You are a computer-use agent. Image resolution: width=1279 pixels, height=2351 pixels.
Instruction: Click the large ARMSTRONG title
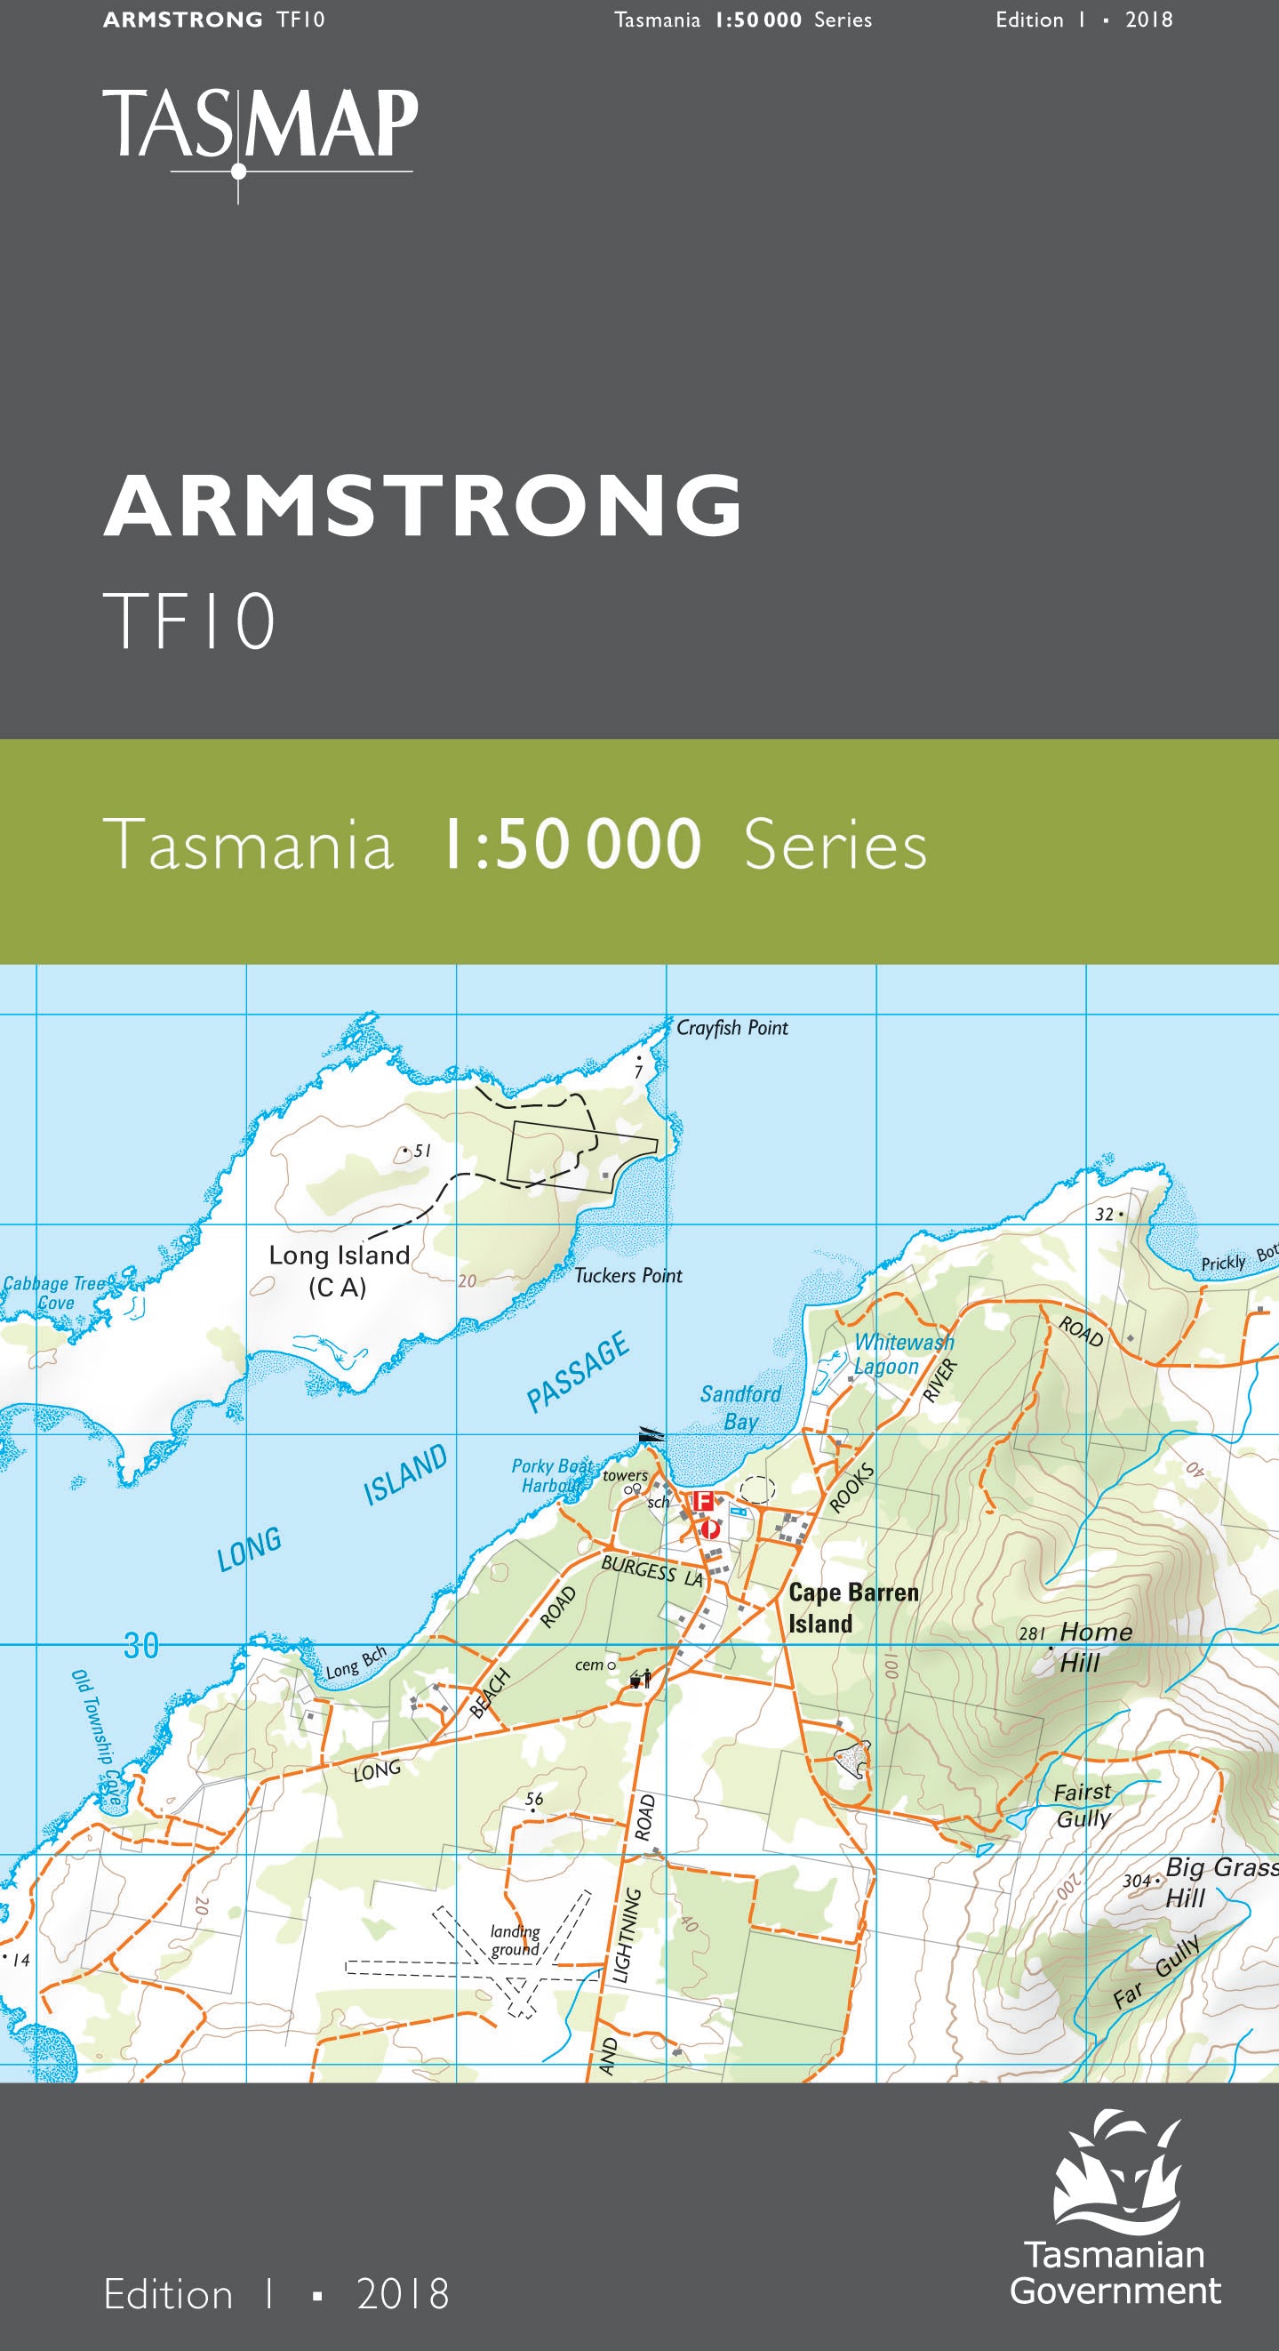[x=422, y=507]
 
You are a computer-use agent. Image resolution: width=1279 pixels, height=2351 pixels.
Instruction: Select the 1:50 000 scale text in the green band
[x=572, y=844]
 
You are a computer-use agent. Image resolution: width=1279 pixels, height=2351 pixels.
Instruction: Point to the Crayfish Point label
[x=731, y=1028]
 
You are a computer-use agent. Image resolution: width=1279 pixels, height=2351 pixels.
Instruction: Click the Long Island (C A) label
[x=339, y=1271]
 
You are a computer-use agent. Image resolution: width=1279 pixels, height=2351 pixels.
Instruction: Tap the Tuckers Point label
[x=628, y=1275]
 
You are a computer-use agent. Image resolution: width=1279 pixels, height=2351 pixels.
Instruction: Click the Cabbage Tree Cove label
[x=54, y=1292]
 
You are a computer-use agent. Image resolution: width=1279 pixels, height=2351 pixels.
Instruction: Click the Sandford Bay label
[x=740, y=1407]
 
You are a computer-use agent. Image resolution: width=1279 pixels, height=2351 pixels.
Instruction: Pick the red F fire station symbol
[x=702, y=1500]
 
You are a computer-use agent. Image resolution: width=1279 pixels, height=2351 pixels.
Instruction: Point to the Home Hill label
[x=1094, y=1647]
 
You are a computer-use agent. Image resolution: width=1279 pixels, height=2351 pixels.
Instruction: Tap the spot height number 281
[x=1031, y=1633]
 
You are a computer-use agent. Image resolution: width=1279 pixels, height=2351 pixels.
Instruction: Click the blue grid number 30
[x=141, y=1646]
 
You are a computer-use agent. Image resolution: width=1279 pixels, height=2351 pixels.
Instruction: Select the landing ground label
[x=516, y=1939]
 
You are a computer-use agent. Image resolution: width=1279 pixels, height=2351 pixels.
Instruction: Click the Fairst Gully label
[x=1083, y=1804]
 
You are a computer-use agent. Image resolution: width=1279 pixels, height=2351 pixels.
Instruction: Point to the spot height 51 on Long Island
[x=421, y=1151]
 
